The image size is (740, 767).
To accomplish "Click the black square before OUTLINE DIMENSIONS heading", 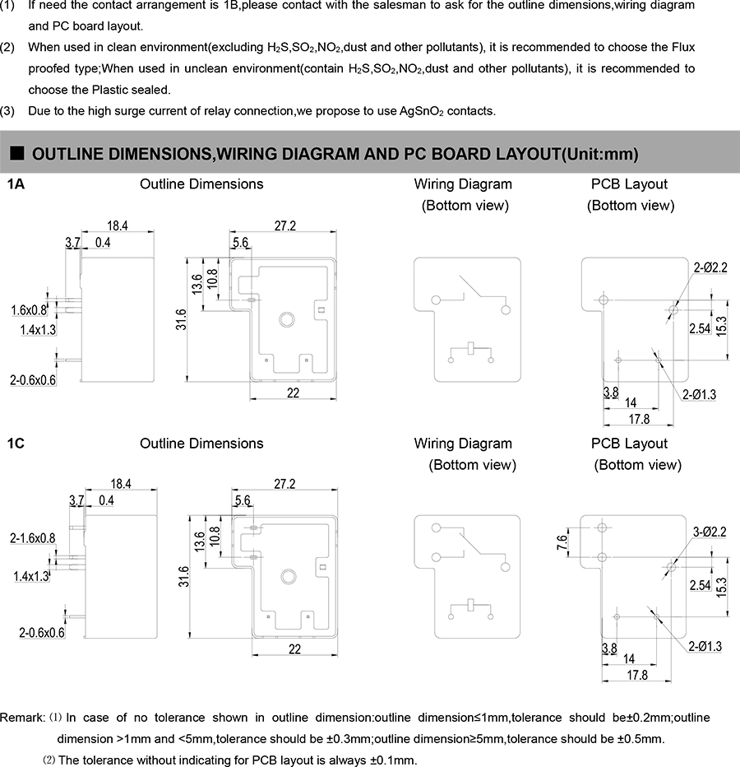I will point(17,153).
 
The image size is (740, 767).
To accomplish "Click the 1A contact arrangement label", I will point(16,184).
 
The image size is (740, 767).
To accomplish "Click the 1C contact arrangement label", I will point(16,444).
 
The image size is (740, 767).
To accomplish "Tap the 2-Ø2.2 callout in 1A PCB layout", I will point(710,267).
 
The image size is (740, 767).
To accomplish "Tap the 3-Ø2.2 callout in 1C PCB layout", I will point(709,532).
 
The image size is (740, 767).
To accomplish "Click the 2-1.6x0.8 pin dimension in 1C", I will point(33,538).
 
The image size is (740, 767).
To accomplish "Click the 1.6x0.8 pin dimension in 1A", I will point(30,310).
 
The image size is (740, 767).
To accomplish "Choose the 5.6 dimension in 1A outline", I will point(241,243).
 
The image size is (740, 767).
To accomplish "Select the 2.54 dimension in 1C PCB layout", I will point(700,585).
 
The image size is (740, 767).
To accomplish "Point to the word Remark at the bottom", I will point(22,718).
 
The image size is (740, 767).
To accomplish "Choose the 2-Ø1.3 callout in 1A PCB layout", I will point(699,395).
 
